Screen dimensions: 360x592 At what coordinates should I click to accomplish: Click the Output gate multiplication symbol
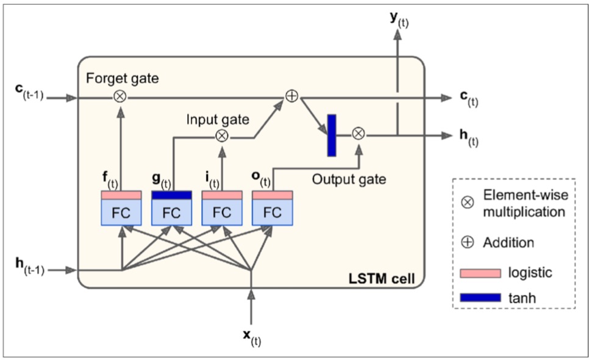point(358,134)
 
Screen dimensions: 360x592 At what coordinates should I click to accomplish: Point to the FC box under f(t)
point(121,212)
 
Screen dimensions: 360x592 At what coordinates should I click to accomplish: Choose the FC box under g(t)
point(171,212)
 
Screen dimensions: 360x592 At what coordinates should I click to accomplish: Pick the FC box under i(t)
point(222,212)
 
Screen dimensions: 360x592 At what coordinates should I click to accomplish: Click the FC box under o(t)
point(273,212)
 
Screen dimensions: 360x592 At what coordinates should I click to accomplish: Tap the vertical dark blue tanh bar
point(332,135)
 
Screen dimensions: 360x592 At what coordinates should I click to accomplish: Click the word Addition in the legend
point(508,242)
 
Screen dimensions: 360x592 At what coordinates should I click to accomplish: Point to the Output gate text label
point(349,180)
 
